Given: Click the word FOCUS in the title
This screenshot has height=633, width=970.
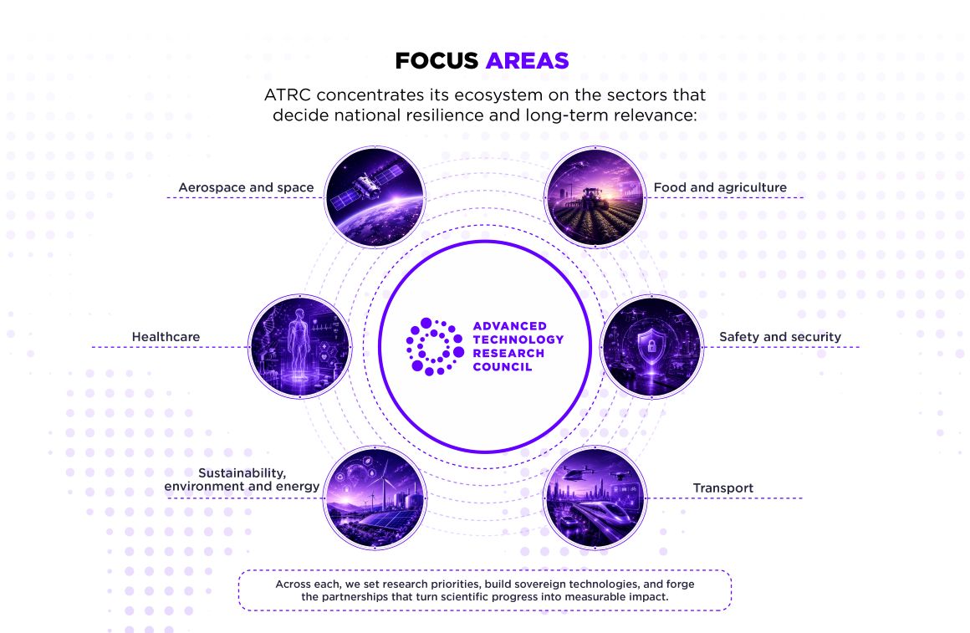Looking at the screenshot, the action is click(x=436, y=61).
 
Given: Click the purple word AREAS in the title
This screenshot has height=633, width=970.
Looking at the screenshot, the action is click(x=528, y=61).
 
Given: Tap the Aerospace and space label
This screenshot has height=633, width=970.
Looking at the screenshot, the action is click(x=246, y=187).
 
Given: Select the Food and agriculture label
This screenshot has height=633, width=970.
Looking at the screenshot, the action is click(x=720, y=187).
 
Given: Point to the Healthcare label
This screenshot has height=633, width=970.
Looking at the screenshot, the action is click(x=166, y=337).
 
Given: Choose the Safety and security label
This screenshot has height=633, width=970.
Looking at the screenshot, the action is click(x=780, y=337).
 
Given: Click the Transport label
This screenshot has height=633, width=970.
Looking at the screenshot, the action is click(x=723, y=488).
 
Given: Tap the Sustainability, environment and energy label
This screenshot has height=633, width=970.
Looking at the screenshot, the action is click(x=242, y=479).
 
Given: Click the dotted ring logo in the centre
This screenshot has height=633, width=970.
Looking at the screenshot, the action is click(x=435, y=346).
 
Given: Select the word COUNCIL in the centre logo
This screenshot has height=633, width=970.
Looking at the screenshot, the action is click(x=503, y=367).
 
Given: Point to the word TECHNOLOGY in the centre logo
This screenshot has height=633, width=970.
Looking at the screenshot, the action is click(x=518, y=339).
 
